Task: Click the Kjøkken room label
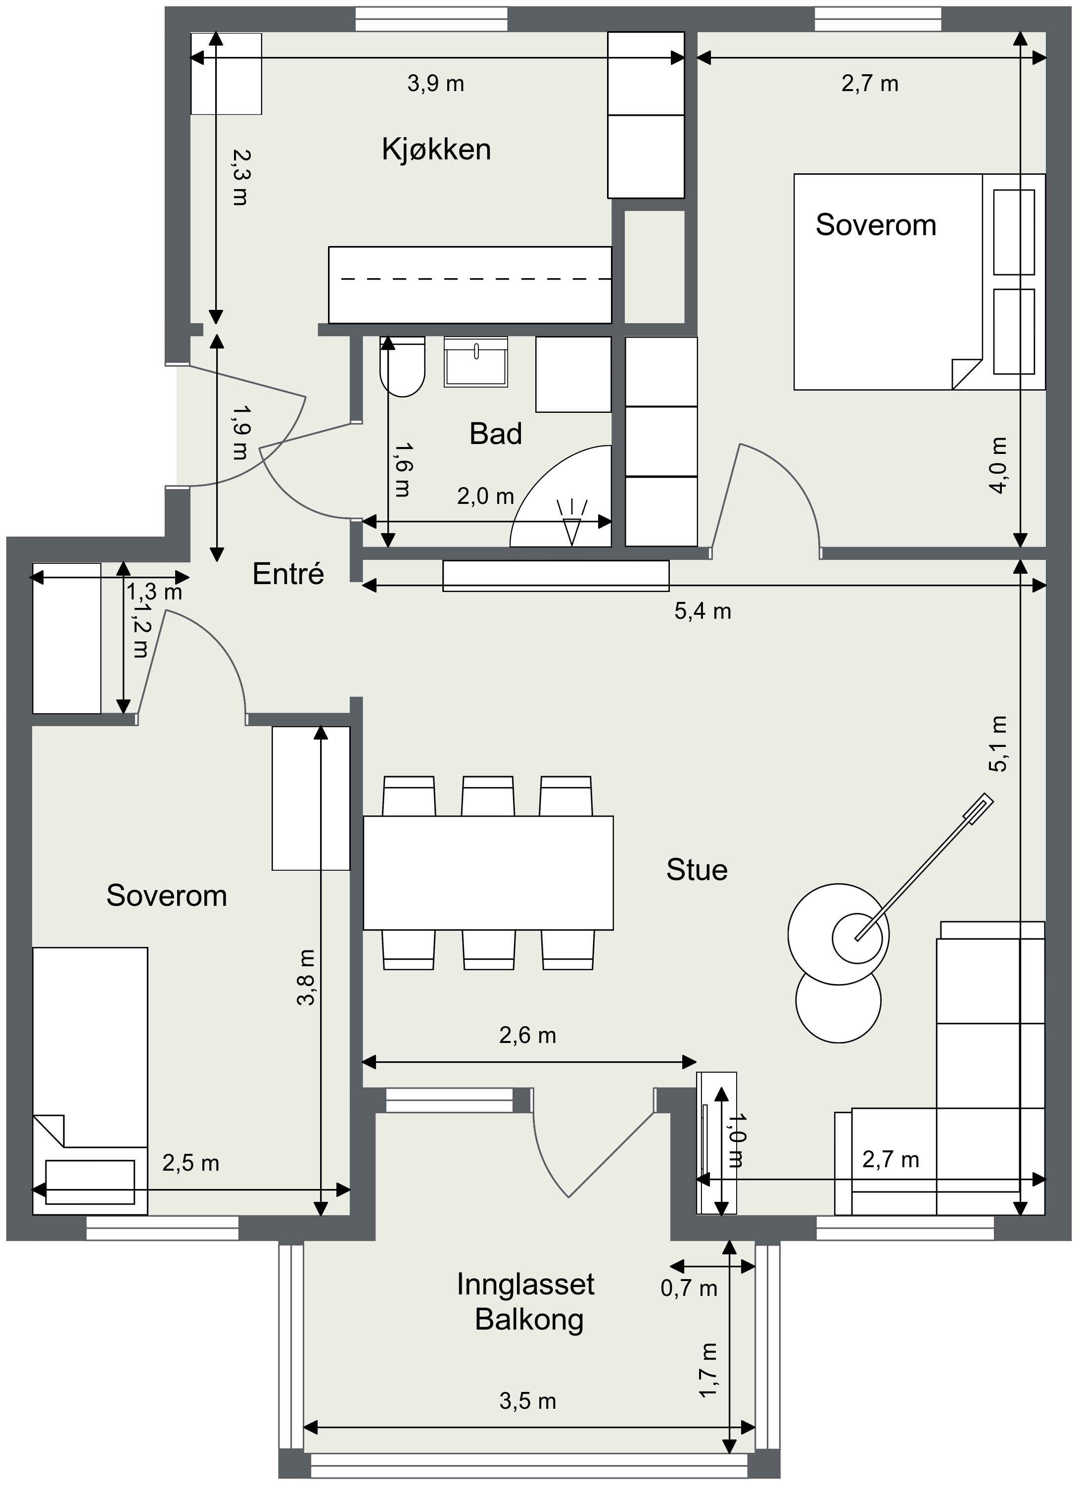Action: pyautogui.click(x=436, y=150)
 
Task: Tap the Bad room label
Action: pyautogui.click(x=496, y=434)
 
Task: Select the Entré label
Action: pyautogui.click(x=288, y=574)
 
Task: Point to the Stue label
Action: pyautogui.click(x=697, y=870)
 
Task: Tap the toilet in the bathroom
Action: pyautogui.click(x=403, y=367)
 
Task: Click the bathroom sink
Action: pyautogui.click(x=476, y=362)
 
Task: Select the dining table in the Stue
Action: pyautogui.click(x=488, y=872)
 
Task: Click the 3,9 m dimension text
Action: pyautogui.click(x=436, y=84)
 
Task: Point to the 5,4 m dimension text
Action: pyautogui.click(x=703, y=611)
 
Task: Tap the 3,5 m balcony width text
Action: pyautogui.click(x=527, y=1401)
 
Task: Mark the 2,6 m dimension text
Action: pyautogui.click(x=527, y=1035)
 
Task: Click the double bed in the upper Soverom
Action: pyautogui.click(x=920, y=282)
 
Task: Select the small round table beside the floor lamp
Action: pyautogui.click(x=839, y=1000)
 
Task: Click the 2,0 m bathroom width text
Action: pyautogui.click(x=485, y=496)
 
